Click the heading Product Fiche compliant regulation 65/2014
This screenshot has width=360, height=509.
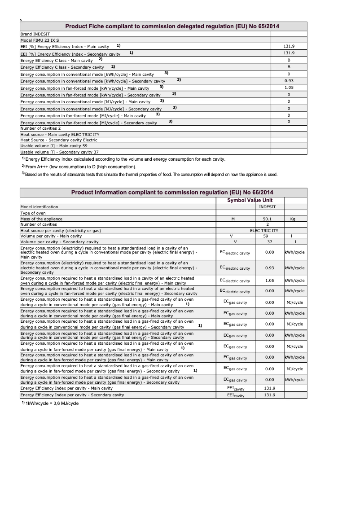[172, 26]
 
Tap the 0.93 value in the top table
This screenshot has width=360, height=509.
[289, 81]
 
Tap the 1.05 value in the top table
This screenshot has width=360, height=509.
[289, 88]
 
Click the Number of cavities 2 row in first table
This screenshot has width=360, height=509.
[41, 128]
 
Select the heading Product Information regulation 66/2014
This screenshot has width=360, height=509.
[172, 193]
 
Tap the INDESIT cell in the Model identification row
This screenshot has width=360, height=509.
[268, 207]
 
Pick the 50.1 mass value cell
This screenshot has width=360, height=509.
[268, 219]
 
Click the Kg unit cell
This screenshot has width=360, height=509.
[293, 219]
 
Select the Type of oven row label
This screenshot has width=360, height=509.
[33, 213]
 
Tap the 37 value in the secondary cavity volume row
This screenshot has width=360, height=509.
[268, 242]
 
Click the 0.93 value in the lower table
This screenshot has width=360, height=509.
[269, 268]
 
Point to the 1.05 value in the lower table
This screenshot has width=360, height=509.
[269, 281]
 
